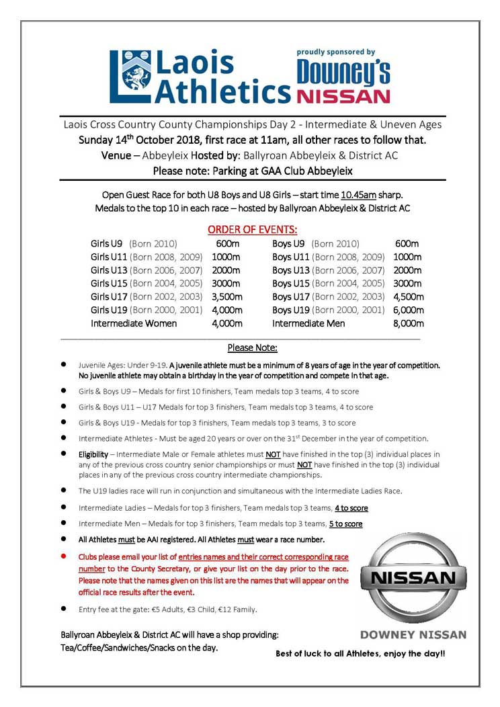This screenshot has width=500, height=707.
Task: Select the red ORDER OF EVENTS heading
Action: (x=252, y=229)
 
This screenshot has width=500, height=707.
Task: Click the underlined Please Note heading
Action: (x=252, y=347)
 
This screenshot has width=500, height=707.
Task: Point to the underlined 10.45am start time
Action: (x=358, y=195)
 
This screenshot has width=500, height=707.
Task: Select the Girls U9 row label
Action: (x=106, y=243)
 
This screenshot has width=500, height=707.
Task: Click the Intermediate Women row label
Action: (x=134, y=323)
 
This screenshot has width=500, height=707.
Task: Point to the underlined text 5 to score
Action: (x=345, y=524)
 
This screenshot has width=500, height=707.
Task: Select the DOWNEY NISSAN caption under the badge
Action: (x=413, y=634)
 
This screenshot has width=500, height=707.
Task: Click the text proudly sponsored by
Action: (x=336, y=52)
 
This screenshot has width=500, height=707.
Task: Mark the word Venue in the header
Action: (x=116, y=155)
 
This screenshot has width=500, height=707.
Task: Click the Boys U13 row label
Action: (x=291, y=270)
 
